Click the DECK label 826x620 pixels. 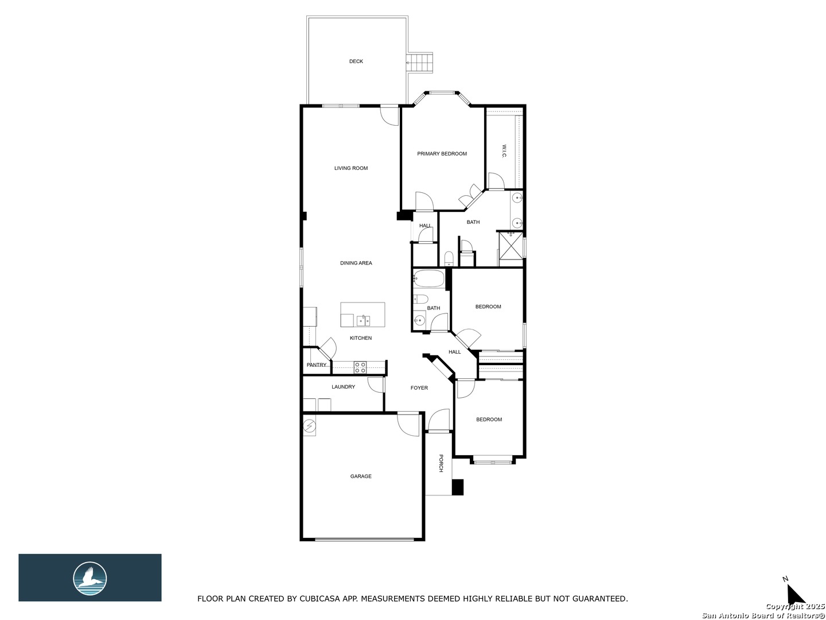tap(356, 61)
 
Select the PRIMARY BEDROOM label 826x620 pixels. tap(442, 154)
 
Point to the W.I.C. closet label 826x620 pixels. tap(504, 152)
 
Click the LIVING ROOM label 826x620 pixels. tap(350, 168)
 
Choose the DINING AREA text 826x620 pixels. tap(356, 263)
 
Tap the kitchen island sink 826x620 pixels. tap(100, 320)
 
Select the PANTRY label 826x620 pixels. tap(317, 365)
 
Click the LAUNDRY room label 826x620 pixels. tap(343, 386)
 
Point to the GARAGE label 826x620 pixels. tap(361, 476)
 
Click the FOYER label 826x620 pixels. tap(419, 387)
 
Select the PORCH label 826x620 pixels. tap(441, 463)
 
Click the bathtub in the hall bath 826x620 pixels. tap(429, 279)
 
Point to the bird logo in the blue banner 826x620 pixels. tap(90, 579)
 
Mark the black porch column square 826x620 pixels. tap(458, 487)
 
